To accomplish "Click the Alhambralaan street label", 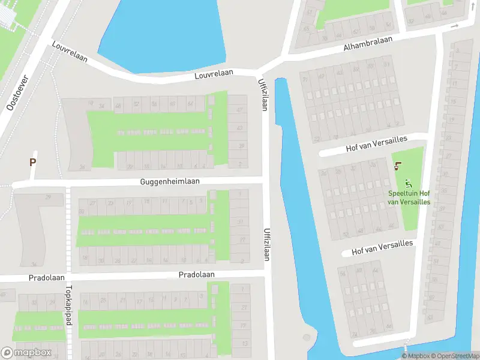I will (368, 43).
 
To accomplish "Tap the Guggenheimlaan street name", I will (170, 181).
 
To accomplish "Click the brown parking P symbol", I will (33, 162).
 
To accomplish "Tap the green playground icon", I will (409, 183).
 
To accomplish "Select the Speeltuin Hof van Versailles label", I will (409, 197).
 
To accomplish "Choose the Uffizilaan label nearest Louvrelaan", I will (262, 94).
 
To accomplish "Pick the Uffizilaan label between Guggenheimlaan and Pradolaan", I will (266, 244).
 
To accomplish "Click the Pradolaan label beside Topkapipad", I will (46, 278).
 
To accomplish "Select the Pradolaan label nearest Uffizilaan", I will (196, 274).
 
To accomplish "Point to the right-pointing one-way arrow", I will (455, 26).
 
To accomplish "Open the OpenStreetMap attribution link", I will (455, 356).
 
